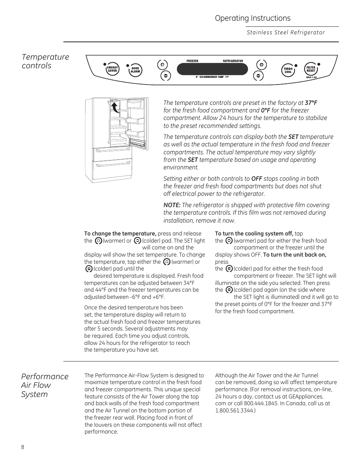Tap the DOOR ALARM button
135,70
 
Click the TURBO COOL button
289,70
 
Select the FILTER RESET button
311,69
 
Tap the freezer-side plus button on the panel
162,65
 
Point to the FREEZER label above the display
192,61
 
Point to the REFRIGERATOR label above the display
233,61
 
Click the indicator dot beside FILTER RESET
319,64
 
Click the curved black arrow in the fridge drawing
115,108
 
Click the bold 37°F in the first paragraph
311,103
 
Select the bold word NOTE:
172,205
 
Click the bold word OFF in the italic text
257,178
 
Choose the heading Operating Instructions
253,18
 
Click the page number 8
23,447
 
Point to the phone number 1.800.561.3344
235,410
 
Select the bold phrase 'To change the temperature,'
120,234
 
